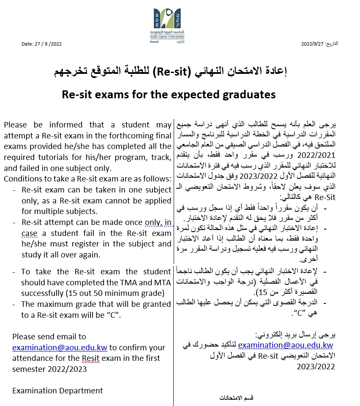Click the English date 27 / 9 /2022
pos(41,44)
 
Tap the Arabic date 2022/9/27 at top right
pos(319,44)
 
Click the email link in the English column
pos(60,347)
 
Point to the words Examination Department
pos(57,391)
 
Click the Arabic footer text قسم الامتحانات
pos(237,398)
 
